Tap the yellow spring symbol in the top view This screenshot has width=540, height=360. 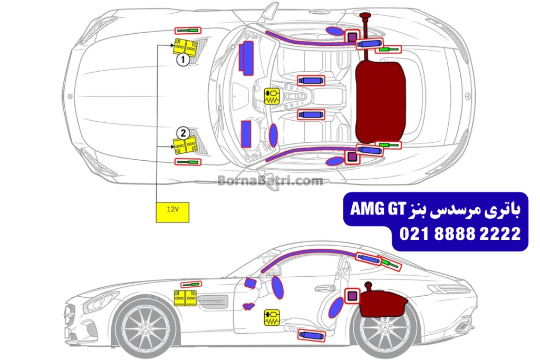[272, 96]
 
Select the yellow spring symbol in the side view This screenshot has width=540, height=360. [272, 316]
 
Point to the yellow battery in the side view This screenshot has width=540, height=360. [186, 299]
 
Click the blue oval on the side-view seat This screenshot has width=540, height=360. [334, 308]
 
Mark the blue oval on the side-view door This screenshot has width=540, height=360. [277, 288]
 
